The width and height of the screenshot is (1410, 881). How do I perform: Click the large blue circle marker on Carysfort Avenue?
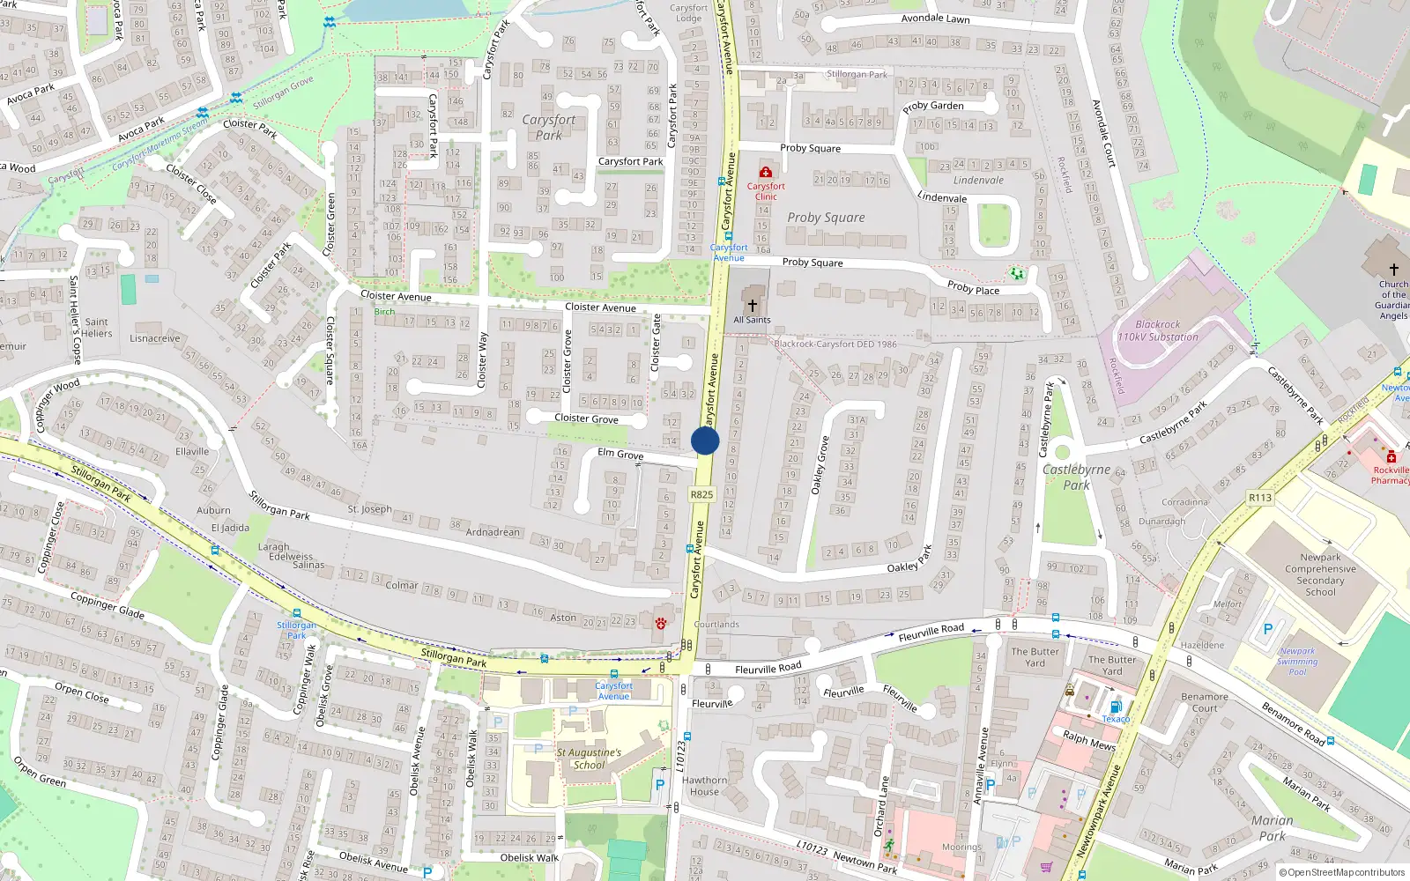(x=705, y=440)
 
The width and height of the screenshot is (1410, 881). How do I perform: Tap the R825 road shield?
(x=701, y=494)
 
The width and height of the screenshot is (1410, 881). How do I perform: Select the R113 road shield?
(x=1260, y=498)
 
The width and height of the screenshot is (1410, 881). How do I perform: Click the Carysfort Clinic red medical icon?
(x=765, y=172)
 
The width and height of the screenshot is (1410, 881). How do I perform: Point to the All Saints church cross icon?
(x=752, y=305)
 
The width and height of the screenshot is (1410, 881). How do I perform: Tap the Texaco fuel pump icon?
(x=1115, y=707)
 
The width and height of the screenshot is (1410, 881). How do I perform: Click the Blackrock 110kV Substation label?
(x=1157, y=330)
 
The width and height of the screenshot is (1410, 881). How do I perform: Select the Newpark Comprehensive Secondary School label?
(x=1320, y=574)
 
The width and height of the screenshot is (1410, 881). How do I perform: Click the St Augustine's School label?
(x=589, y=759)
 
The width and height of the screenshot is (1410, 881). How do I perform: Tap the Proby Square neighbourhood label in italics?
(x=826, y=218)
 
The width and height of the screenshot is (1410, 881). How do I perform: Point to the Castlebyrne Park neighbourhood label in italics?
(x=1076, y=477)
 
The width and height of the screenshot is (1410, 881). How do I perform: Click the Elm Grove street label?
(x=620, y=454)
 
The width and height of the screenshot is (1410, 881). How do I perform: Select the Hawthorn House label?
(x=704, y=786)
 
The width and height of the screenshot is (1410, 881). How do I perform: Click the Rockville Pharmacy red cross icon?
(x=1391, y=456)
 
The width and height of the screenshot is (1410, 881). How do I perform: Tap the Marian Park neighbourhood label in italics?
(x=1273, y=828)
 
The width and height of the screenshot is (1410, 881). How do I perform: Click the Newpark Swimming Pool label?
(x=1297, y=662)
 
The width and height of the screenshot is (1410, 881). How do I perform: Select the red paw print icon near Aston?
(x=661, y=624)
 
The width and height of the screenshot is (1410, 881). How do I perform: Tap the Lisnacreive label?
(x=154, y=338)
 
